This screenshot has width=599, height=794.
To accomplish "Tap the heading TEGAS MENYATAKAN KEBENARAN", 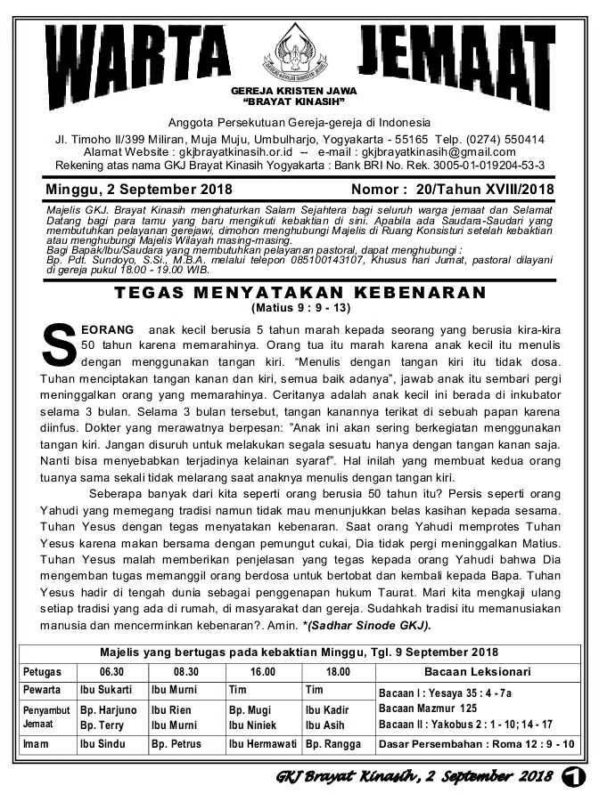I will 300,293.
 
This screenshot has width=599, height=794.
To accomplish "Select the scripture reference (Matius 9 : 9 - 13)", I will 300,309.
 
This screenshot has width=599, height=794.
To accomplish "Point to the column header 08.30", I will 185,670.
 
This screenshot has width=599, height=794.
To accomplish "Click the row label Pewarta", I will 42,690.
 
